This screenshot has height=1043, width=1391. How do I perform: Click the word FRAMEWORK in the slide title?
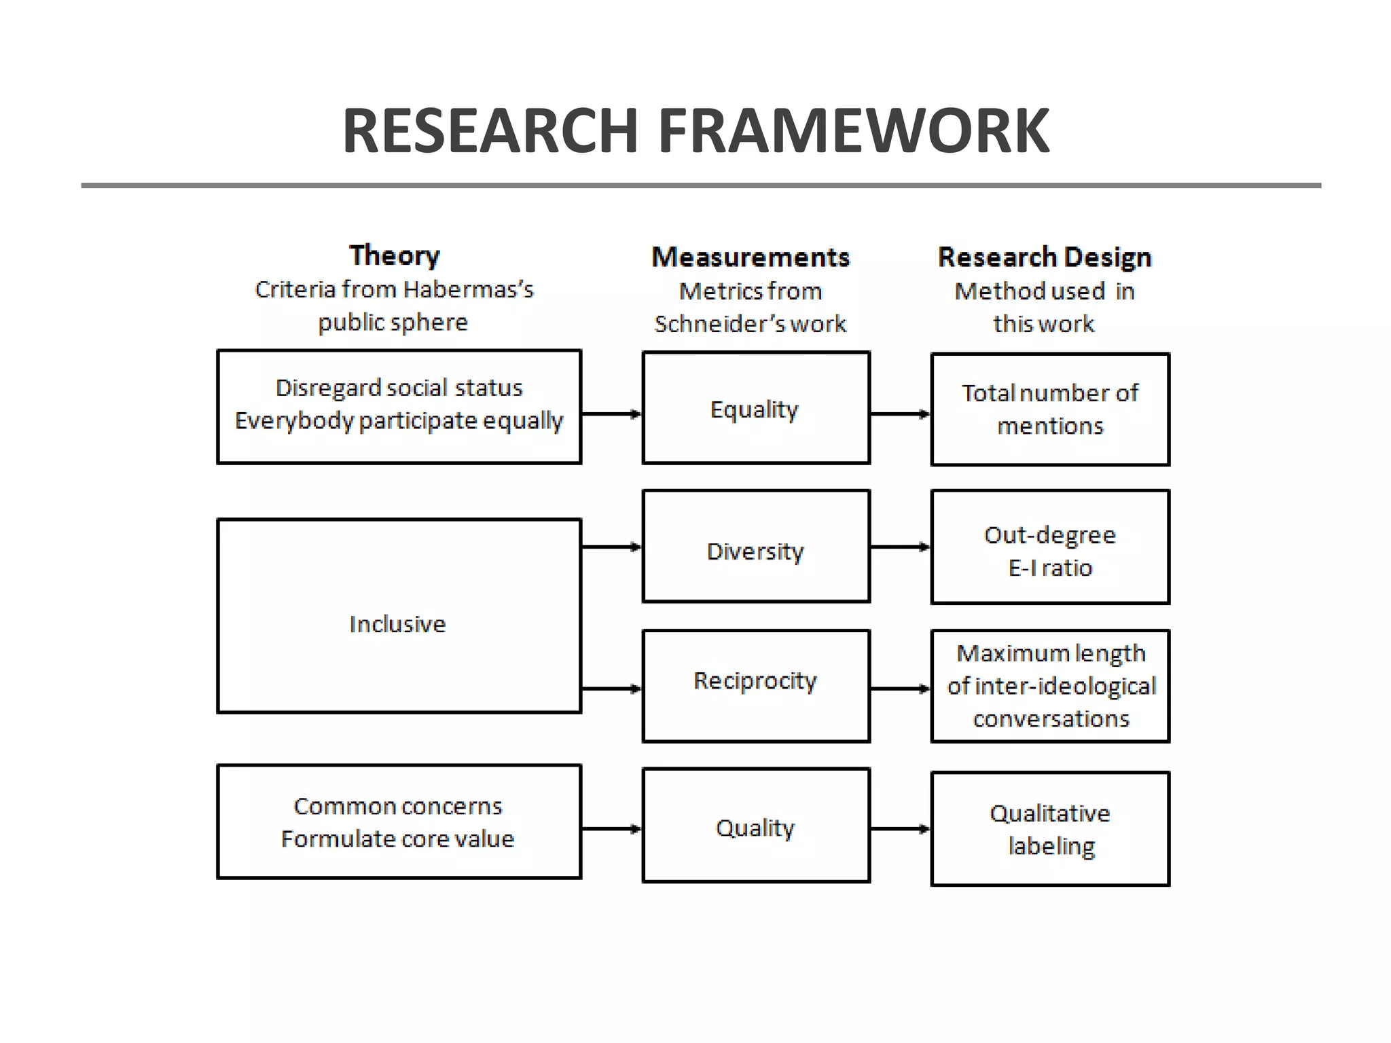point(854,131)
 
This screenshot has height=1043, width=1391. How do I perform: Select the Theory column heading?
point(395,256)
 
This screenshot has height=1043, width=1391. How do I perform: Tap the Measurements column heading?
point(751,257)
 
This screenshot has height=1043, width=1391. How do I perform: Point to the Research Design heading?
point(1045,257)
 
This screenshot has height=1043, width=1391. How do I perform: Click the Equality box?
point(756,408)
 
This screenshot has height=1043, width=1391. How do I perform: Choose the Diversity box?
point(756,547)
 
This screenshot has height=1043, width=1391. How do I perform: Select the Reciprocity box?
point(756,686)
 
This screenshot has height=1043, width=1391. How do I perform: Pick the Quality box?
point(756,826)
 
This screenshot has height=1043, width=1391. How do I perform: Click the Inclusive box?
point(399,617)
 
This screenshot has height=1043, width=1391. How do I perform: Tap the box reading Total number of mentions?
point(1050,409)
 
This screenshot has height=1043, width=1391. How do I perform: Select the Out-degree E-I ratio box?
point(1050,547)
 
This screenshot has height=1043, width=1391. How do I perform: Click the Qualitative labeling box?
point(1050,829)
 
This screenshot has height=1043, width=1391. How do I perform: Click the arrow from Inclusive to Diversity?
point(611,547)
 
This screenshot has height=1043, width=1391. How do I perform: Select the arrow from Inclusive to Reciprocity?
point(611,689)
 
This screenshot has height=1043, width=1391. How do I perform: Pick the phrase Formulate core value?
point(398,839)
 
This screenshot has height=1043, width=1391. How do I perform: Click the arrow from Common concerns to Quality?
point(611,828)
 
